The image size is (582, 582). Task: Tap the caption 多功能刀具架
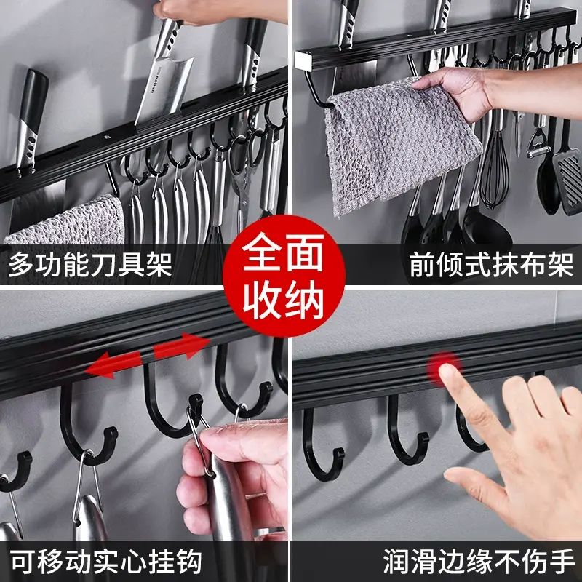click(x=90, y=264)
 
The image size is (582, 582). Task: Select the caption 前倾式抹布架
click(x=492, y=265)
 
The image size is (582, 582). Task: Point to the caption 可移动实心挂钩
click(x=105, y=562)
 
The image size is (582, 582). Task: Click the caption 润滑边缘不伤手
click(x=479, y=562)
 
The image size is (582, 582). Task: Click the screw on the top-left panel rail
click(x=108, y=138)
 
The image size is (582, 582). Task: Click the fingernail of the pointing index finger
click(x=447, y=372)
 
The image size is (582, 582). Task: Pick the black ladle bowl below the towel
click(x=486, y=227)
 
